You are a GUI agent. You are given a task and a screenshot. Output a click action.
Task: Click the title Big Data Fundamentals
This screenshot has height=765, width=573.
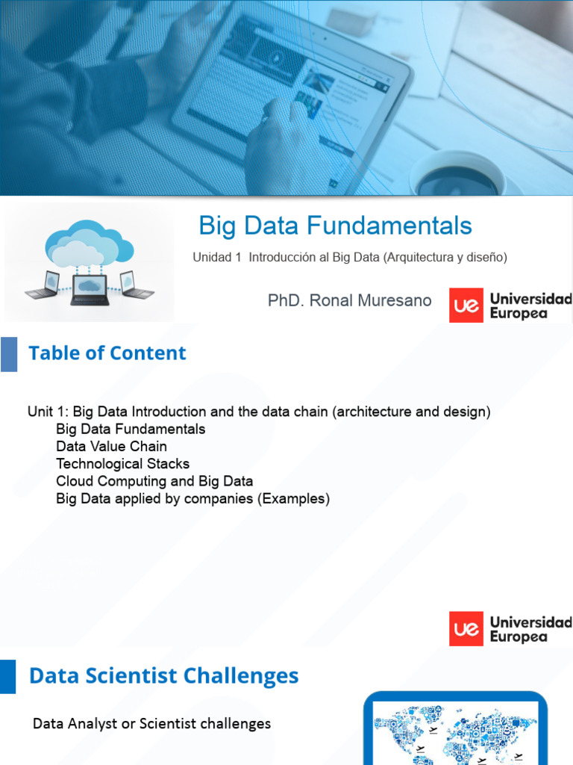pos(335,226)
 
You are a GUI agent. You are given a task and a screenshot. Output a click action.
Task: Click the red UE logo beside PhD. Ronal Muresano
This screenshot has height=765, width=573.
pos(466,306)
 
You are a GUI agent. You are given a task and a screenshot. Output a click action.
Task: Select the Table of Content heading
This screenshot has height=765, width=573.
pos(107,353)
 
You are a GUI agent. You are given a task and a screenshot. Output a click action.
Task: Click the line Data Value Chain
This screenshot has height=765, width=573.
pos(111,447)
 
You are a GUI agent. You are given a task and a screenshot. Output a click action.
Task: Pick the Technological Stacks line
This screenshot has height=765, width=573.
pos(122,464)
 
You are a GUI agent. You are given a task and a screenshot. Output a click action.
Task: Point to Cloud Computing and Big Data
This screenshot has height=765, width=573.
pos(154,481)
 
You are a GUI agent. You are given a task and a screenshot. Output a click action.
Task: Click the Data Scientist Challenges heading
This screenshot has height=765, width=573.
pos(163,676)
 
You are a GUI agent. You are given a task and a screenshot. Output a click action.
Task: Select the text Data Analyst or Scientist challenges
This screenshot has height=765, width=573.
pos(151,723)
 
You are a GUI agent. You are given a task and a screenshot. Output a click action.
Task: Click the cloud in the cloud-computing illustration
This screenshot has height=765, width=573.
pos(89,241)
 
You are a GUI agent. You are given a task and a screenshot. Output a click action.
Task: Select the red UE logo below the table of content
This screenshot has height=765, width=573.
pos(466,629)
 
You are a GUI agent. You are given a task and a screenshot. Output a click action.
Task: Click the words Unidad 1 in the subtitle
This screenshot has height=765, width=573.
pos(217,257)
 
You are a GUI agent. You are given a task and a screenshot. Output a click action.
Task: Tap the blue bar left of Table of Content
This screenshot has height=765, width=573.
pos(8,353)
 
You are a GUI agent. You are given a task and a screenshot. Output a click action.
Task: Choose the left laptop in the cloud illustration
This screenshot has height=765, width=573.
pos(43,285)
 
